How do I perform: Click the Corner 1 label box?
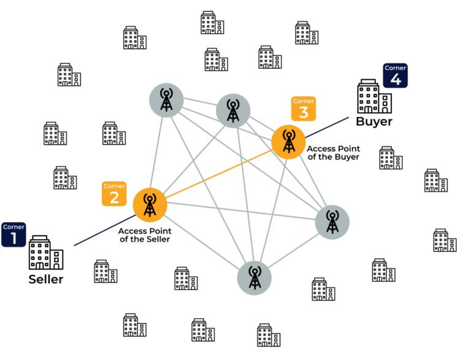pyautogui.click(x=13, y=234)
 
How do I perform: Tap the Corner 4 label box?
pyautogui.click(x=396, y=75)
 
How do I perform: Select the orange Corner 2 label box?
pyautogui.click(x=114, y=193)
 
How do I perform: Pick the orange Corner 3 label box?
pyautogui.click(x=304, y=108)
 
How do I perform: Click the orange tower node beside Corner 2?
pyautogui.click(x=150, y=205)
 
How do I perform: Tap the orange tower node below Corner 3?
pyautogui.click(x=288, y=142)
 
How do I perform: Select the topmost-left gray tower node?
pyautogui.click(x=166, y=100)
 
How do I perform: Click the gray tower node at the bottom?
pyautogui.click(x=255, y=278)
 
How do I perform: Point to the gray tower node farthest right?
pyautogui.click(x=332, y=222)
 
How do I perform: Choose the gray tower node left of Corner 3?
pyautogui.click(x=233, y=110)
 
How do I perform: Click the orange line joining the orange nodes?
pyautogui.click(x=219, y=174)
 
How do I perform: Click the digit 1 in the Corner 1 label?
pyautogui.click(x=13, y=239)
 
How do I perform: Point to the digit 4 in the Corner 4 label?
pyautogui.click(x=396, y=80)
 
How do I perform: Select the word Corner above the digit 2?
pyautogui.click(x=114, y=186)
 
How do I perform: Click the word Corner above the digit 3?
pyautogui.click(x=304, y=101)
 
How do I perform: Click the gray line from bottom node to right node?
pyautogui.click(x=293, y=250)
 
